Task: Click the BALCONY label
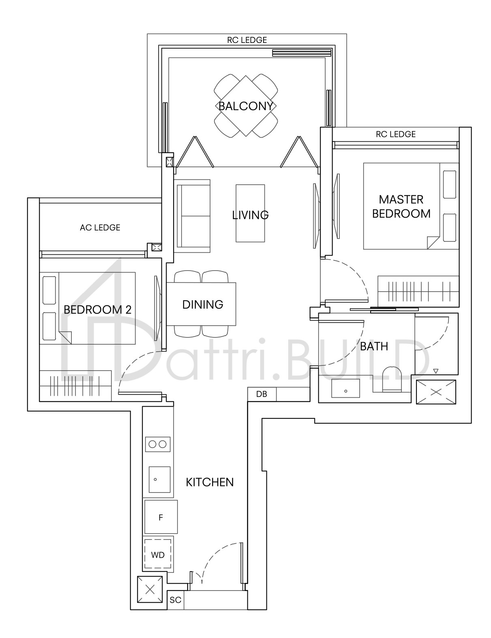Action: pyautogui.click(x=245, y=106)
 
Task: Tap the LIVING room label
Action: pyautogui.click(x=250, y=215)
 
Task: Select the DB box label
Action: pyautogui.click(x=262, y=394)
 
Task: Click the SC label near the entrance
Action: pyautogui.click(x=176, y=600)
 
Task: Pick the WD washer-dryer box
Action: pyautogui.click(x=158, y=555)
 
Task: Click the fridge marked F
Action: pyautogui.click(x=161, y=517)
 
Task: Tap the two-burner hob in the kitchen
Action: pyautogui.click(x=158, y=444)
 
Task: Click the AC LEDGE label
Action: pyautogui.click(x=100, y=228)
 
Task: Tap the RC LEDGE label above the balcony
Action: pyautogui.click(x=247, y=40)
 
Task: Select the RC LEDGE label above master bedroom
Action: pyautogui.click(x=396, y=134)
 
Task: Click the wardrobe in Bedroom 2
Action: pyautogui.click(x=75, y=386)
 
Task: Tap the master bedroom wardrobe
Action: pyautogui.click(x=418, y=291)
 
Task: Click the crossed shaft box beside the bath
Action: pyautogui.click(x=436, y=392)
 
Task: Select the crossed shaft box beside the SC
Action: pyautogui.click(x=150, y=590)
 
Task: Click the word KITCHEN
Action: pyautogui.click(x=210, y=482)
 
